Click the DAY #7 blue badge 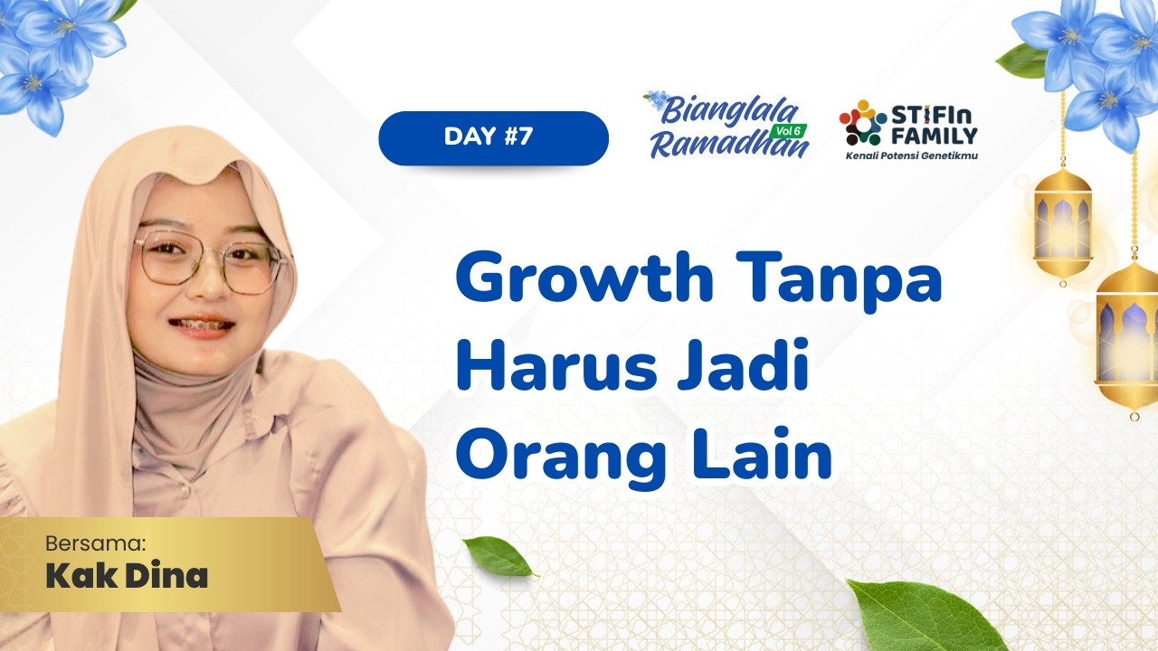click(x=493, y=138)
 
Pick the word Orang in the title click(x=561, y=457)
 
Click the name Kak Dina click(x=127, y=576)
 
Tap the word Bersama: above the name click(x=95, y=543)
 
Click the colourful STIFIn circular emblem click(x=861, y=124)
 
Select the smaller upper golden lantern click(x=1062, y=222)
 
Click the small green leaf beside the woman click(x=498, y=556)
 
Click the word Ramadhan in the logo click(x=728, y=144)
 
